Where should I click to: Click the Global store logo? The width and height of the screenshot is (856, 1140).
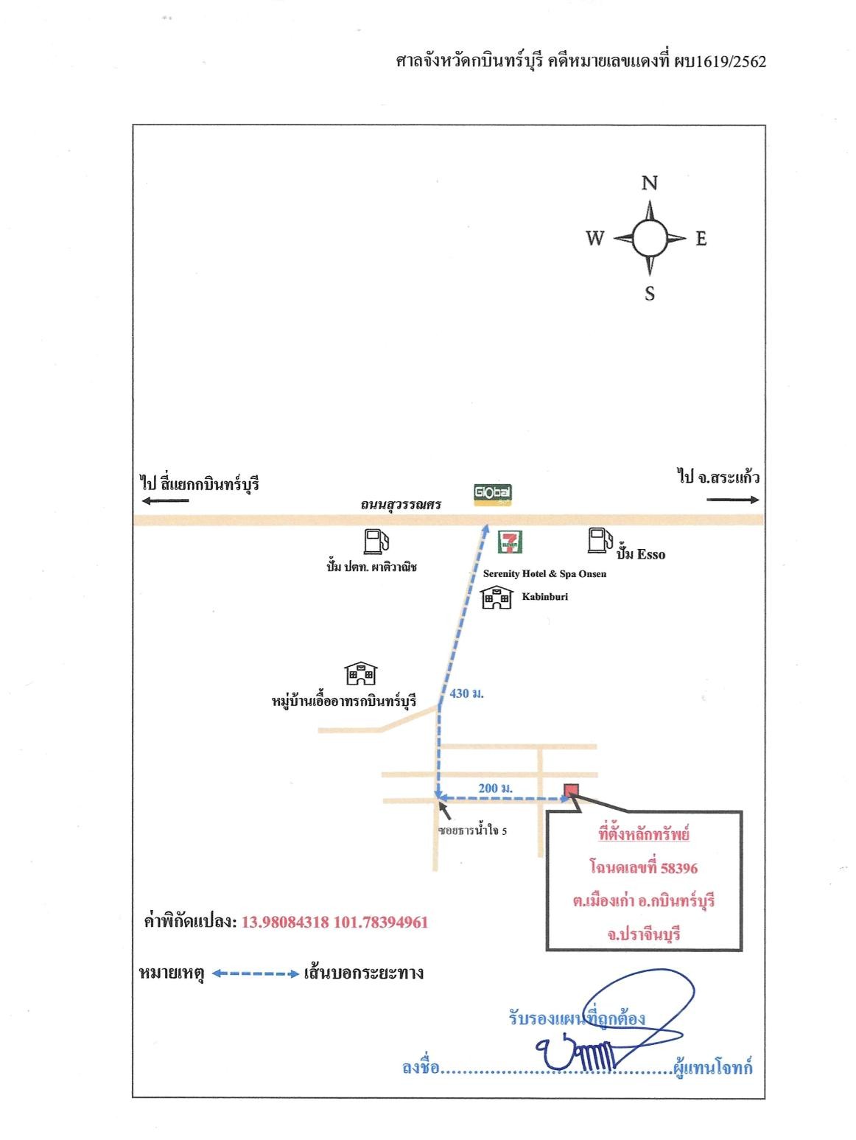pyautogui.click(x=492, y=494)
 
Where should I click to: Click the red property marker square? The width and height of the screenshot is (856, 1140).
pyautogui.click(x=570, y=790)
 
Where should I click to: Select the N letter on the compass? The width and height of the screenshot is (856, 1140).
pyautogui.click(x=650, y=183)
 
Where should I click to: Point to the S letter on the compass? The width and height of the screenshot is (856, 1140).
pyautogui.click(x=650, y=294)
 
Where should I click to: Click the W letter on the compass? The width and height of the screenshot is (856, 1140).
pyautogui.click(x=595, y=238)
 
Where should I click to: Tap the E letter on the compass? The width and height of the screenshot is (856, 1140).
pyautogui.click(x=701, y=238)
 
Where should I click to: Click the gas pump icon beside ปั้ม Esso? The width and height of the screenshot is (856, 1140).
pyautogui.click(x=600, y=539)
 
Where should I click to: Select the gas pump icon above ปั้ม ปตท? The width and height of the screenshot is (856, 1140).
pyautogui.click(x=376, y=541)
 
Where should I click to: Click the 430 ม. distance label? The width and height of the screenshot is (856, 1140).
pyautogui.click(x=466, y=693)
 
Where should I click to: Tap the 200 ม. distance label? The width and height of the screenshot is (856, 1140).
pyautogui.click(x=495, y=788)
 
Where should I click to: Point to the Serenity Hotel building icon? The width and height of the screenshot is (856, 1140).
pyautogui.click(x=497, y=598)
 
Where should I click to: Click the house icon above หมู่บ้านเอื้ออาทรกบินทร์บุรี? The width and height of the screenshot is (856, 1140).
pyautogui.click(x=361, y=673)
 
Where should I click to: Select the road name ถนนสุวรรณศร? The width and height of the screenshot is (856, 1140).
pyautogui.click(x=401, y=504)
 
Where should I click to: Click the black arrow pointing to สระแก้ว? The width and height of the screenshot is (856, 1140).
pyautogui.click(x=732, y=500)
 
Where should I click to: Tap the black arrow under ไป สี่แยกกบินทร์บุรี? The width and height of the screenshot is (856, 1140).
pyautogui.click(x=165, y=500)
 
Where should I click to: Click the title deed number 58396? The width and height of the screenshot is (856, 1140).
pyautogui.click(x=679, y=868)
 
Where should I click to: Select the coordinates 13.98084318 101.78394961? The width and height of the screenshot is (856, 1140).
pyautogui.click(x=335, y=923)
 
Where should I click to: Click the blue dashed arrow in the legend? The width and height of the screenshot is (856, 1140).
pyautogui.click(x=256, y=973)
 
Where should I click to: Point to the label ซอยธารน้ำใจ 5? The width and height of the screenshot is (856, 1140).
pyautogui.click(x=472, y=830)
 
